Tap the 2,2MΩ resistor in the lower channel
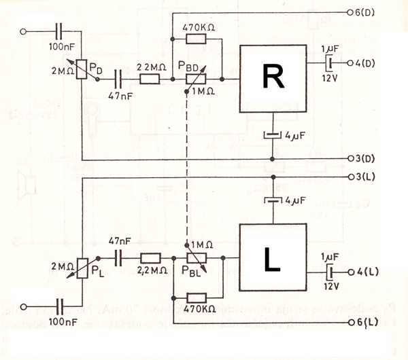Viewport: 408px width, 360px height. point(150,259)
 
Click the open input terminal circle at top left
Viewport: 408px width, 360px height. point(25,31)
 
